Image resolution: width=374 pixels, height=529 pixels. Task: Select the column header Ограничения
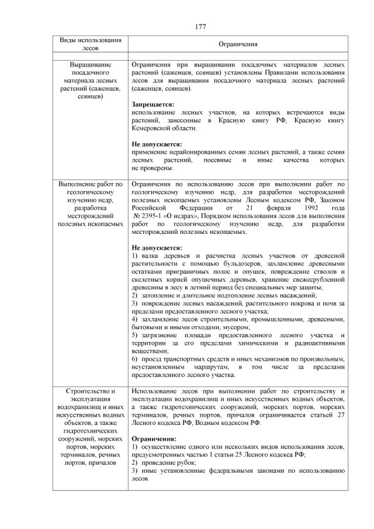point(238,44)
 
